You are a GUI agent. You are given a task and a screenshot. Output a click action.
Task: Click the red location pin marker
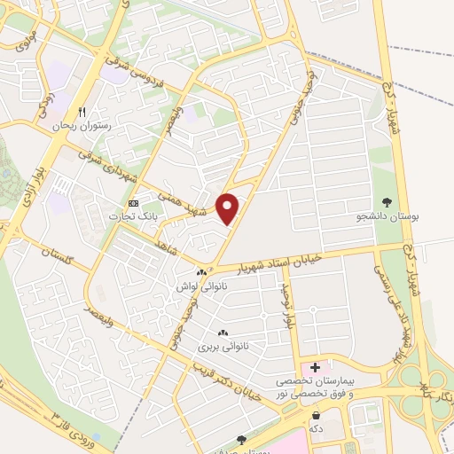(229, 207)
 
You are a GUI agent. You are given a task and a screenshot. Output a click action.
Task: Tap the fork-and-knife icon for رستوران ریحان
(82, 112)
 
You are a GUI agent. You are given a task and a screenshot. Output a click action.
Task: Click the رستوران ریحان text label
(83, 127)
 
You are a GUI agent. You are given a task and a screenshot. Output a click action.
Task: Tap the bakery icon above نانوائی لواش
(202, 272)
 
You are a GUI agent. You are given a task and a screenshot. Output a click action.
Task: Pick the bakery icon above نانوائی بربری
(222, 332)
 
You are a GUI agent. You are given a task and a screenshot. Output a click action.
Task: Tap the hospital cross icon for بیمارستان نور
(315, 365)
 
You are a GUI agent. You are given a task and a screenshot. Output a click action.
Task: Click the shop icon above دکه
(317, 414)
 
